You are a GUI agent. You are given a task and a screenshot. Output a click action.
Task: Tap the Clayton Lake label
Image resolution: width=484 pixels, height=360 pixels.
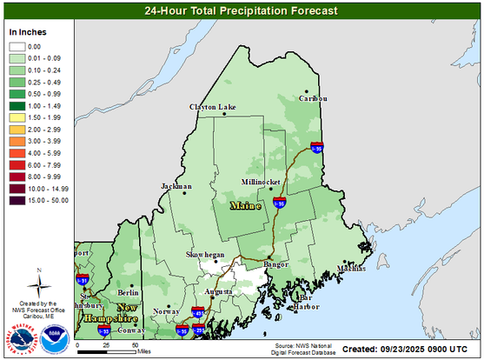(213, 107)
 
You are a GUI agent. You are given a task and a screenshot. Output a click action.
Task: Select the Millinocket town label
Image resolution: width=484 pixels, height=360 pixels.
(265, 183)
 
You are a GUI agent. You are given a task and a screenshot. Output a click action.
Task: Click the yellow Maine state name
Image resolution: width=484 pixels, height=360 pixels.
(245, 206)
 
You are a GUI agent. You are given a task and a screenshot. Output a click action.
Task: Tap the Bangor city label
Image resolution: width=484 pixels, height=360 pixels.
(275, 263)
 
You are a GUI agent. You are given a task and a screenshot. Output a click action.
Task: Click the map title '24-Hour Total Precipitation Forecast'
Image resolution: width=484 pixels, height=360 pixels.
(241, 11)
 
